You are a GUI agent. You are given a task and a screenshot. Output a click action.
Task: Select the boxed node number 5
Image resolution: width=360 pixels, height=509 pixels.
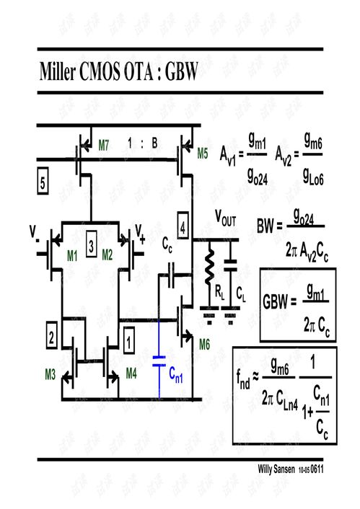point(43,182)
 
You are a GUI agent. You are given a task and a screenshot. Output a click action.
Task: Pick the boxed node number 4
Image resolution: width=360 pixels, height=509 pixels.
point(183,228)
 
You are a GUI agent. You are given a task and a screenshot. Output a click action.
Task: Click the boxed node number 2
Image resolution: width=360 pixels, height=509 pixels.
point(51,336)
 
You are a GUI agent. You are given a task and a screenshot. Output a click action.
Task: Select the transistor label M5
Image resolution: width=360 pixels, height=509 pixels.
point(203,153)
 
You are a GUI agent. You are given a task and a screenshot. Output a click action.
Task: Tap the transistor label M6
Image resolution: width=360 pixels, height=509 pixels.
point(206,345)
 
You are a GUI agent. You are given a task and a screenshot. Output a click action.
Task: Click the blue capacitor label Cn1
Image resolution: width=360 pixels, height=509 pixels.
point(178,373)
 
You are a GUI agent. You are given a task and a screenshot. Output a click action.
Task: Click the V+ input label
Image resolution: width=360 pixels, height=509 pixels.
point(140,233)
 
